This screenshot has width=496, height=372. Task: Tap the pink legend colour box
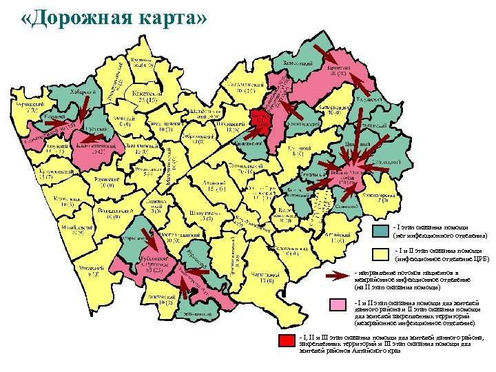338,305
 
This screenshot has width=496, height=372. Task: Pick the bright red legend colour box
285,340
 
